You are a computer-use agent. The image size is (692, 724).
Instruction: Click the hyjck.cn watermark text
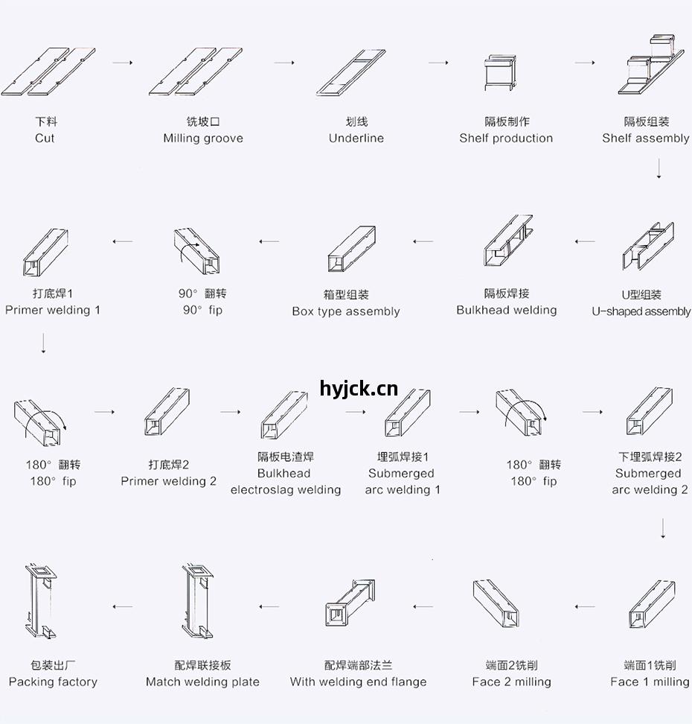[x=359, y=390]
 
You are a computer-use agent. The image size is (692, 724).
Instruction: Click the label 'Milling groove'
[x=203, y=138]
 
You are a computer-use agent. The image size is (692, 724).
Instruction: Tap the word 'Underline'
[x=356, y=138]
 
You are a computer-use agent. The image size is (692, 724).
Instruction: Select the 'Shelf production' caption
[x=506, y=138]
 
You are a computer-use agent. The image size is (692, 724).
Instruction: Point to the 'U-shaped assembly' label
[x=641, y=311]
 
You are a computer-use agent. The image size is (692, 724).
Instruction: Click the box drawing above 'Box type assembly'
[x=351, y=249]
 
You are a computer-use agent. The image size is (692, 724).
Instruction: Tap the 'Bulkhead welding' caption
[x=507, y=310]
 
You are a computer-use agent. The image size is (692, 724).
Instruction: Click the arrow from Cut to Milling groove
[x=123, y=63]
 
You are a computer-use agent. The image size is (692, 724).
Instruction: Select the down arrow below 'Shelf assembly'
[x=659, y=168]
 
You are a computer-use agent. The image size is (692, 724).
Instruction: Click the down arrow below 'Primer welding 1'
[x=43, y=343]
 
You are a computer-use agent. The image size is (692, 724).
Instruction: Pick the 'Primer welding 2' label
[x=168, y=481]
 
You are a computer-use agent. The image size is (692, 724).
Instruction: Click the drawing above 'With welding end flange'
[x=350, y=603]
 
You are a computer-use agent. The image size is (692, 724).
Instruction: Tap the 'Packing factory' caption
[x=53, y=682]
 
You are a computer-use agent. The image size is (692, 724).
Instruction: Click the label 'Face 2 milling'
[x=512, y=682]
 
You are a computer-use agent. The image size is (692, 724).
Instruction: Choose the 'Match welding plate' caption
[x=202, y=682]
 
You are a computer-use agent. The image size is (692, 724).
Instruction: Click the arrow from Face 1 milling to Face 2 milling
[x=585, y=607]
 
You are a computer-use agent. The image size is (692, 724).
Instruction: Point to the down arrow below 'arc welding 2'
[x=663, y=528]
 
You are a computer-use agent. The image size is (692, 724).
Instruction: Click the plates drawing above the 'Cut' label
[x=48, y=72]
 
